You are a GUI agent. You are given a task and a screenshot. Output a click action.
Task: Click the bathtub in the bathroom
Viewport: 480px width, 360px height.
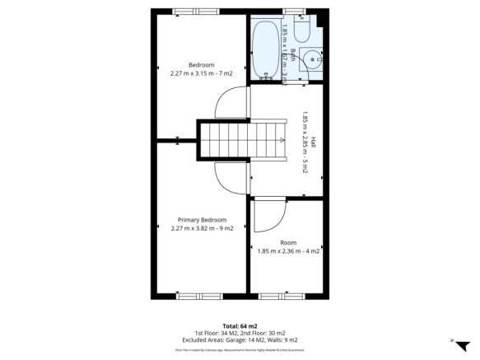point(265,49)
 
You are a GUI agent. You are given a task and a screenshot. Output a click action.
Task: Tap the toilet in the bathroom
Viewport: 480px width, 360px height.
point(300,31)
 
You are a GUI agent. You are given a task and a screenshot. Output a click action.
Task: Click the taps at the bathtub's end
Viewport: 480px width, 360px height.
point(265,75)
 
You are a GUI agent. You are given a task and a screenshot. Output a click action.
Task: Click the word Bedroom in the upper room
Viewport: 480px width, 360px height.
point(202,65)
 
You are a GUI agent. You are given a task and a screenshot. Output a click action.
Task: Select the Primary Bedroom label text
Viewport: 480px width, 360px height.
point(202,220)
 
